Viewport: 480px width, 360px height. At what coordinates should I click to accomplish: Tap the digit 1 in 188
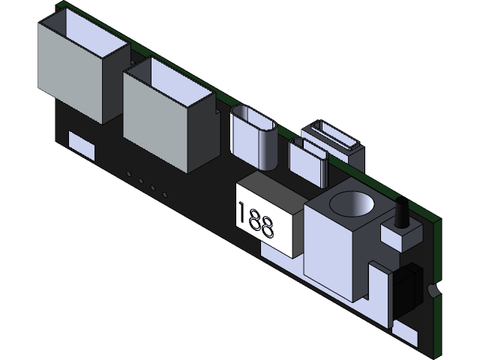tap(241, 213)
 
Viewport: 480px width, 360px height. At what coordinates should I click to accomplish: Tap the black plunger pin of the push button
tap(400, 213)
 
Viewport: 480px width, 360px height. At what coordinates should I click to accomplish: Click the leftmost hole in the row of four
tap(129, 175)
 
